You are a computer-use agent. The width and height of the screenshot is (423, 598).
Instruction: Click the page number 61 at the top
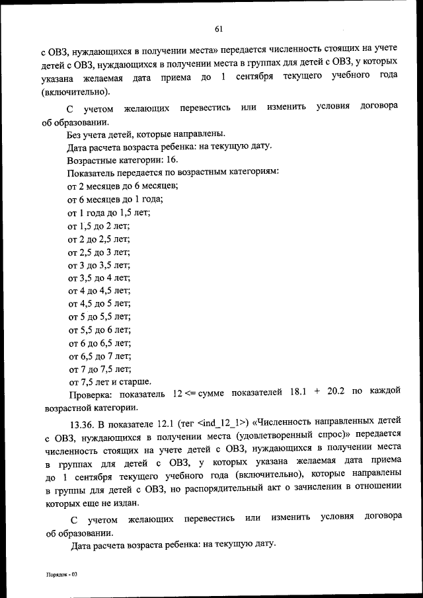point(219,28)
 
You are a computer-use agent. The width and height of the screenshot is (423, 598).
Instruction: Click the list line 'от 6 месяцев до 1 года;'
point(115,199)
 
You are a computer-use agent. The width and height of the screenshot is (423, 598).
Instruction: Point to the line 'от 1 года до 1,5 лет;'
point(109,212)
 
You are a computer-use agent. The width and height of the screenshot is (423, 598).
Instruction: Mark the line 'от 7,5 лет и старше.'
point(110,381)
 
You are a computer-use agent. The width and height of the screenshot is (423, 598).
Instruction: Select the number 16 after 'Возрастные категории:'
point(172,161)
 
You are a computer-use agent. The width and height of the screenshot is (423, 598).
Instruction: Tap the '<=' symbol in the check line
point(190,394)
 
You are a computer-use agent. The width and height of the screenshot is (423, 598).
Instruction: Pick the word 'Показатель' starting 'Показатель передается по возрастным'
point(91,173)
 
